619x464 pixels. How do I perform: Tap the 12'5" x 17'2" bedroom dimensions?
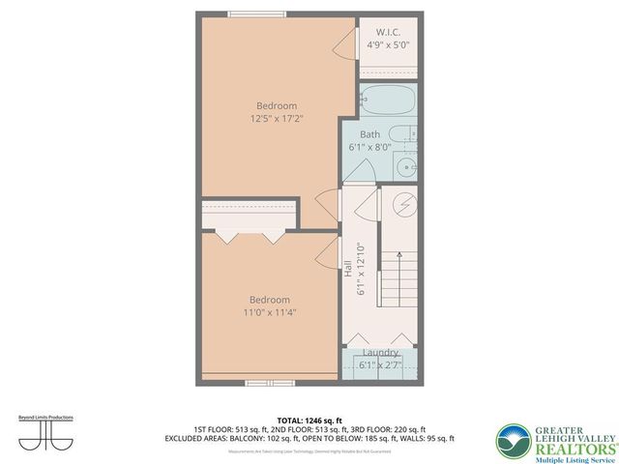pos(277,119)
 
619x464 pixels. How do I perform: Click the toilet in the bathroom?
pos(403,134)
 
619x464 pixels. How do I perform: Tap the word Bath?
pos(369,134)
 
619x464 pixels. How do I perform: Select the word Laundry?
pos(380,353)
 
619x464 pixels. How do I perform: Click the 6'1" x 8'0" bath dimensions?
pos(369,148)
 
